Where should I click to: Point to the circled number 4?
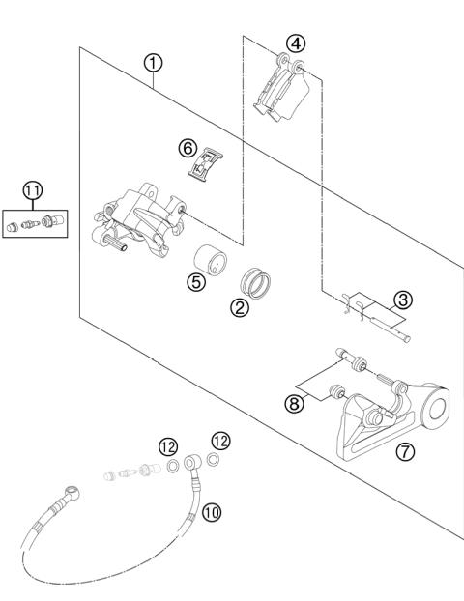point(295,43)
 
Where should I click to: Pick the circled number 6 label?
point(188,148)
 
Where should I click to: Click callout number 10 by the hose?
point(212,511)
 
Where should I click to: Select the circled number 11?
point(33,191)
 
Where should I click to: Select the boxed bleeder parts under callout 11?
point(34,225)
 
